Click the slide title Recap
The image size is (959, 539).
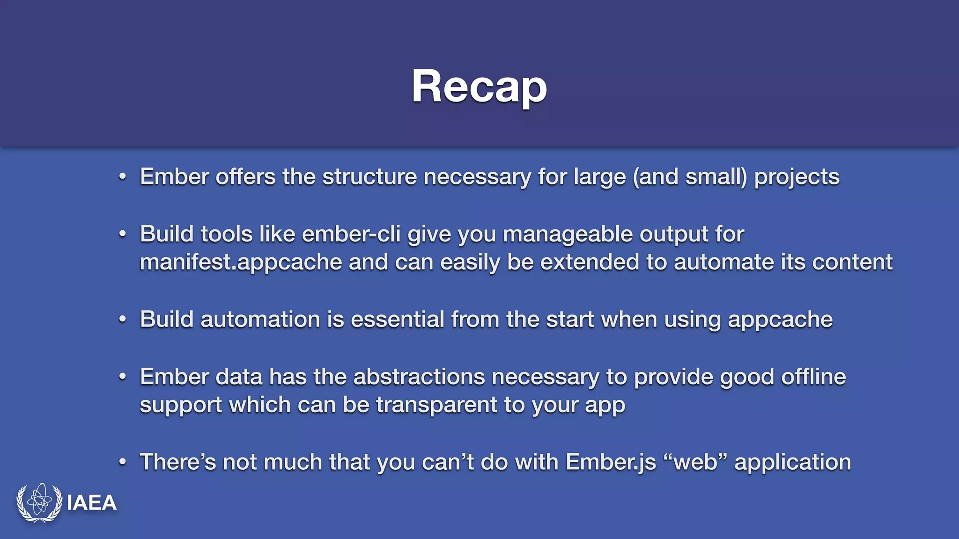coord(479,87)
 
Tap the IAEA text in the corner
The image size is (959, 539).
coord(92,503)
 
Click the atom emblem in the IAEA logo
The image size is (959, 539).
coord(40,502)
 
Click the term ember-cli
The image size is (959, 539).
coord(351,234)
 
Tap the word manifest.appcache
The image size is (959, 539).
coord(241,262)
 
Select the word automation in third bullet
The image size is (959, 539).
coord(260,320)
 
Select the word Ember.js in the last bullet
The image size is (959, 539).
coord(611,462)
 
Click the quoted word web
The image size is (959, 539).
coord(695,462)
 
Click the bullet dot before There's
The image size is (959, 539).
coord(123,463)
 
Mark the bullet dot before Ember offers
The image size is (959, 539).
coord(123,177)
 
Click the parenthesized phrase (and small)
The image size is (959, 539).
coord(690,177)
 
